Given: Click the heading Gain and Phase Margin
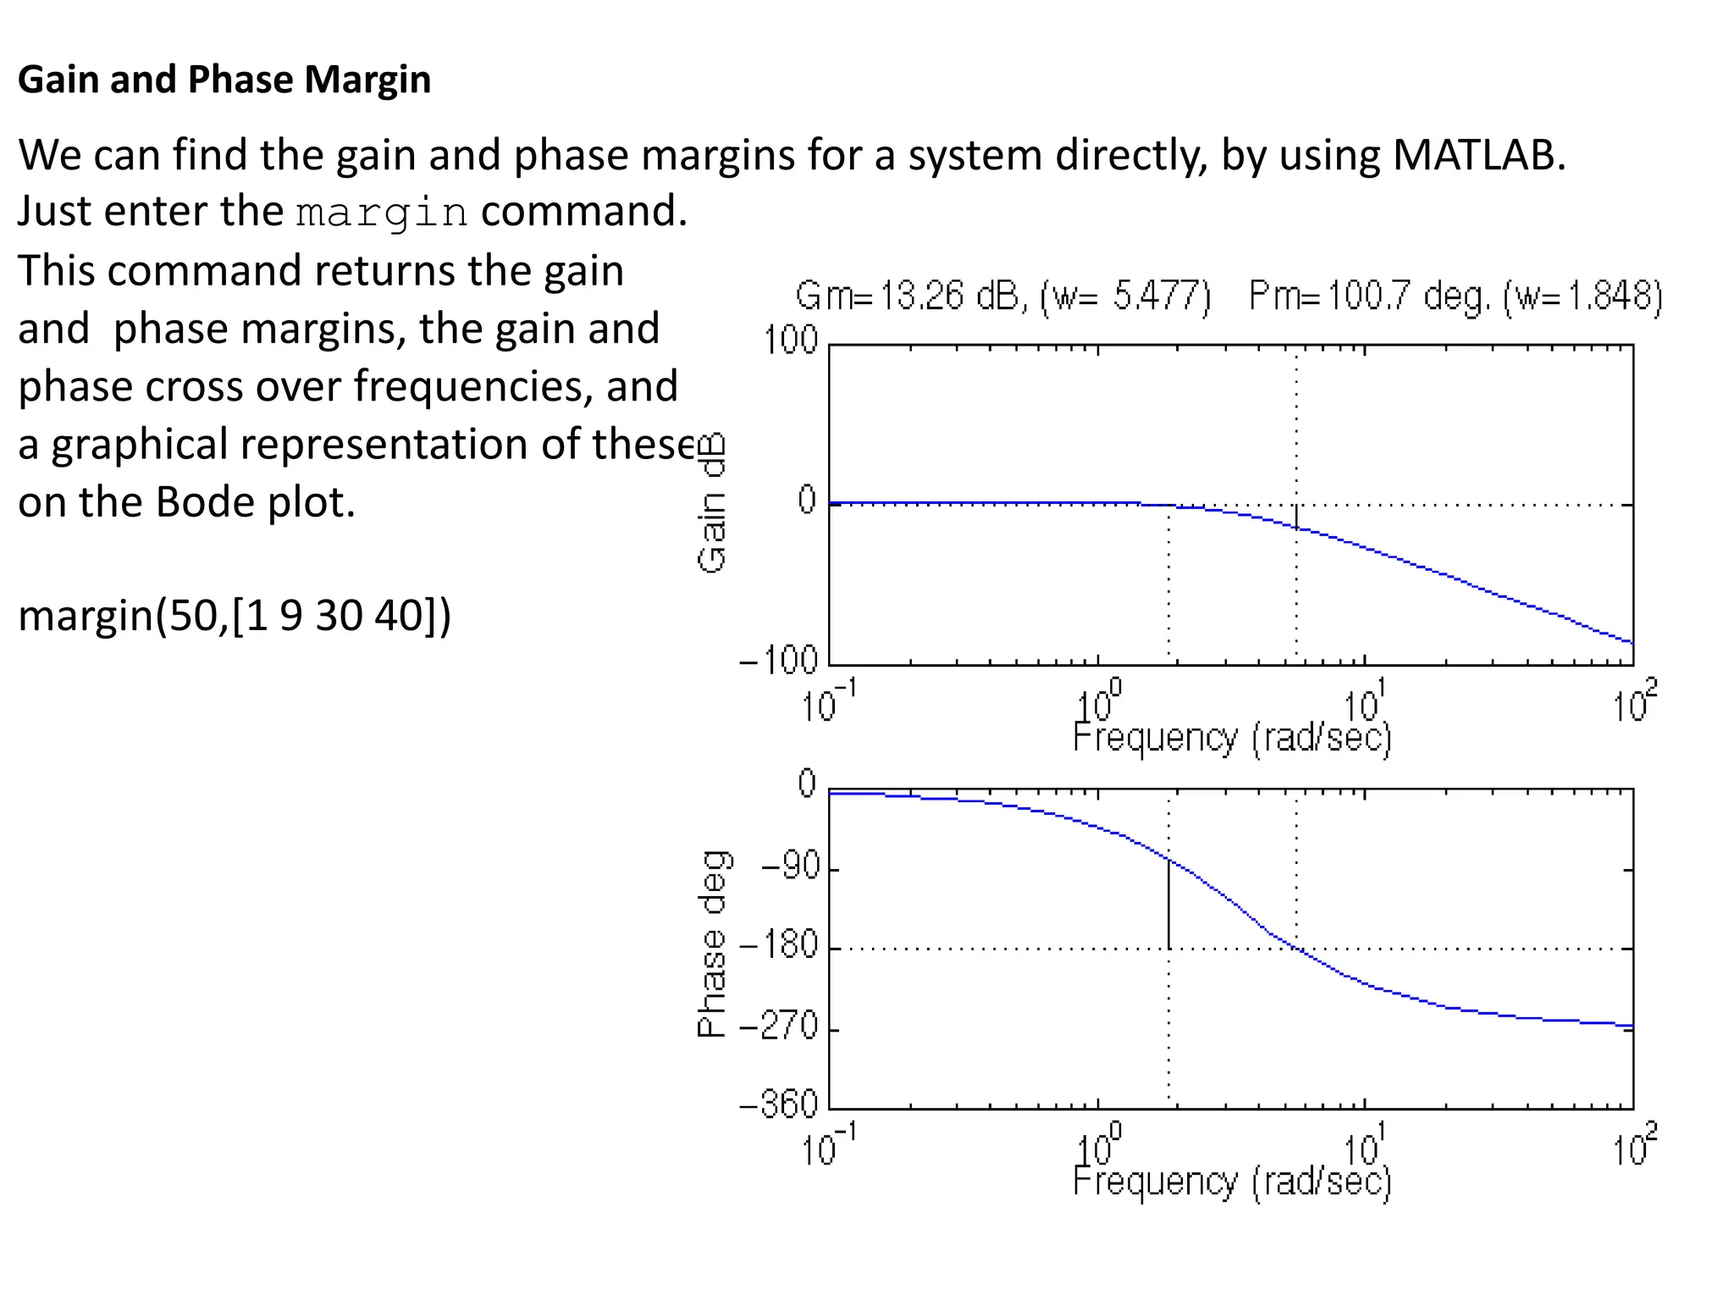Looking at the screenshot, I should click(224, 80).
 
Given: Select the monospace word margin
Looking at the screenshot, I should click(382, 212).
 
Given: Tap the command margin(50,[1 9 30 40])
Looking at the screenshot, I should click(235, 615).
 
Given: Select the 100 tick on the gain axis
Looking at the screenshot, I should click(791, 340).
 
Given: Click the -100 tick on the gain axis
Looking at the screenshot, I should click(779, 660).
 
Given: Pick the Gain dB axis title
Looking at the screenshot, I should click(713, 503).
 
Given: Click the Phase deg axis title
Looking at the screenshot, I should click(713, 944).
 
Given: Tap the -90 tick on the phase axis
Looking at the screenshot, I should click(791, 867).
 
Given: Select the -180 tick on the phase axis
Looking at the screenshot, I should click(779, 945).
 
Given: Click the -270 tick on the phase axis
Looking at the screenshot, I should click(779, 1027).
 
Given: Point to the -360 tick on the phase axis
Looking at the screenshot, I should click(779, 1104).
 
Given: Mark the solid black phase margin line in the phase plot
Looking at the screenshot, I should click(1169, 905).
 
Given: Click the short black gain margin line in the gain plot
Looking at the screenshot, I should click(1296, 516).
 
